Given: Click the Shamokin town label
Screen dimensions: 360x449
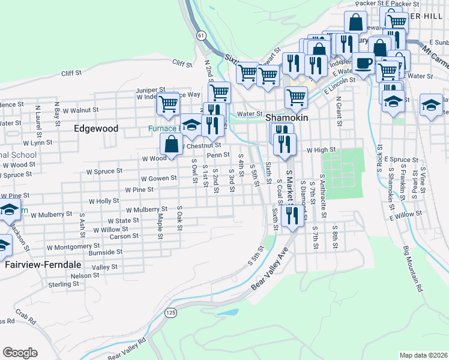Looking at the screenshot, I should [288, 118].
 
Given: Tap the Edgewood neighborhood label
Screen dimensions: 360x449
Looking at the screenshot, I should [96, 128].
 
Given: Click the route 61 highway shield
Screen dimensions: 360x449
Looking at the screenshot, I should [200, 37].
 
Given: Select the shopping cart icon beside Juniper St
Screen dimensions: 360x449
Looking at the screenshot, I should [168, 103].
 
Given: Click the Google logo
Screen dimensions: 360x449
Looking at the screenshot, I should [20, 353].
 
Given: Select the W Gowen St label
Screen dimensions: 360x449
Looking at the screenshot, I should [158, 178].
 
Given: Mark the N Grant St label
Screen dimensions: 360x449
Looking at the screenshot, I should [339, 107].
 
